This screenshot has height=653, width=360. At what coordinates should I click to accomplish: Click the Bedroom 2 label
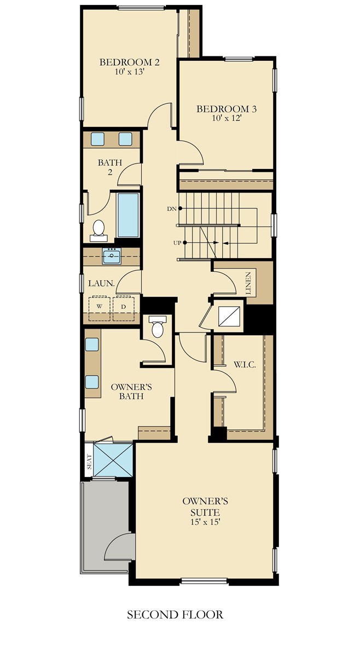click(x=129, y=62)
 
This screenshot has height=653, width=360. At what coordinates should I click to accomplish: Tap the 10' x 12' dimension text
click(x=227, y=118)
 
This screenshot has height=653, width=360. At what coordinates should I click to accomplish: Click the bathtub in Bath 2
click(x=128, y=215)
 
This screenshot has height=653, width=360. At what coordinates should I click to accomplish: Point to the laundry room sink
click(x=112, y=256)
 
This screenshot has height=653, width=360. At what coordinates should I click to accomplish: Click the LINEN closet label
click(x=248, y=284)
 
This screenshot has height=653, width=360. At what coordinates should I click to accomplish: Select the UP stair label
click(x=177, y=243)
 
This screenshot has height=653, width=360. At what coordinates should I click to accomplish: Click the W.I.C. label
click(x=245, y=365)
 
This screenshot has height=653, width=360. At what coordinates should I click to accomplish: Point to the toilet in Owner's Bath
click(x=157, y=326)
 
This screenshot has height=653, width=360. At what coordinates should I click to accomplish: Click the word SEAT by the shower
click(x=89, y=462)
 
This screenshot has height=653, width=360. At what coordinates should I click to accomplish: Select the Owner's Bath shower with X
click(x=113, y=460)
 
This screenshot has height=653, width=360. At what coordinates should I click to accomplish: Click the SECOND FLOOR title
click(x=175, y=614)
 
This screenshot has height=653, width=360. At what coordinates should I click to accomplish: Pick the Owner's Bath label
click(x=131, y=392)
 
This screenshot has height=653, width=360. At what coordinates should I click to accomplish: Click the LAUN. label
click(x=101, y=283)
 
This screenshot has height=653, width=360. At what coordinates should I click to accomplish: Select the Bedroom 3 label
click(x=227, y=109)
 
